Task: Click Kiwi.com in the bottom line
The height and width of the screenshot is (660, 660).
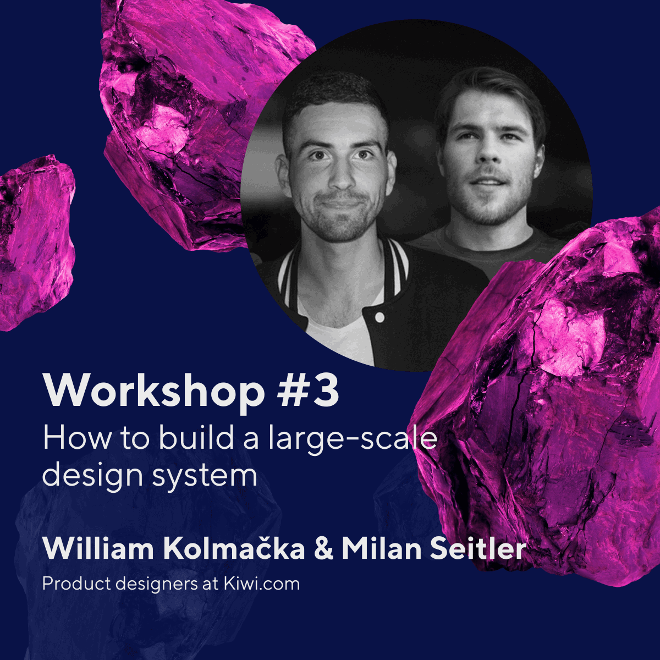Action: pyautogui.click(x=261, y=584)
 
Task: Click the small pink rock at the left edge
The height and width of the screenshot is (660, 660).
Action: pyautogui.click(x=33, y=242)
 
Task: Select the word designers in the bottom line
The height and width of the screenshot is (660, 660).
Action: pyautogui.click(x=153, y=584)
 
